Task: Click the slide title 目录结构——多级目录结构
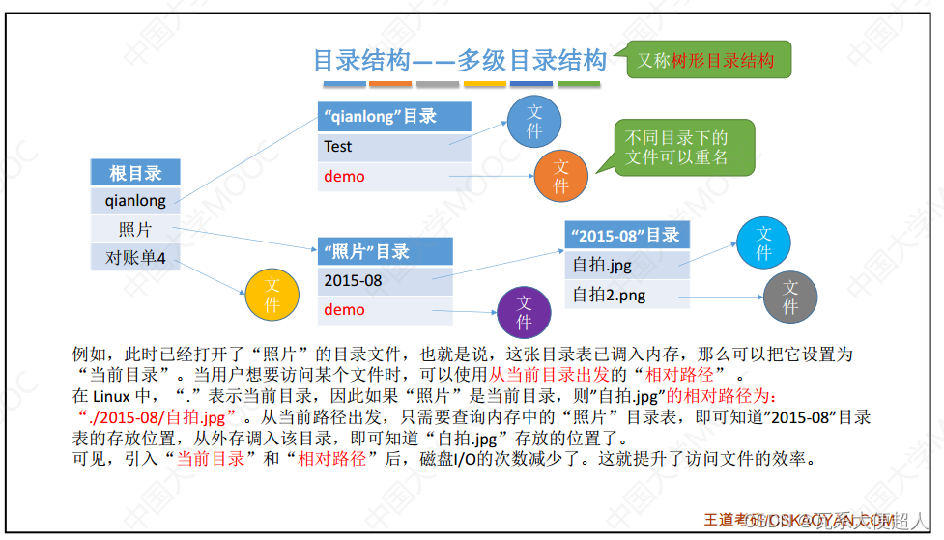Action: point(460,61)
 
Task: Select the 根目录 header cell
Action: point(135,173)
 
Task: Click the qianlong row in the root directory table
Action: point(135,201)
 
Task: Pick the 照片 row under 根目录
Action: point(135,229)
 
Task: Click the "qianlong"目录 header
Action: point(393,116)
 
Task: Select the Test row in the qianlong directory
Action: point(393,147)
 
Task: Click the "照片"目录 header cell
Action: point(385,251)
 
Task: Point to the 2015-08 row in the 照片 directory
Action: point(385,281)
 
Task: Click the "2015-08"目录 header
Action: point(626,235)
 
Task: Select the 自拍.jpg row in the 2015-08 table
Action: point(626,264)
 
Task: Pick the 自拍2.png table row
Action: point(626,294)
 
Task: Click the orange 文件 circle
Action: point(561,175)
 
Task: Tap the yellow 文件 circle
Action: point(272,295)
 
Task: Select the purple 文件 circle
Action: point(524,312)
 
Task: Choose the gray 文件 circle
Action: point(790,297)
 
